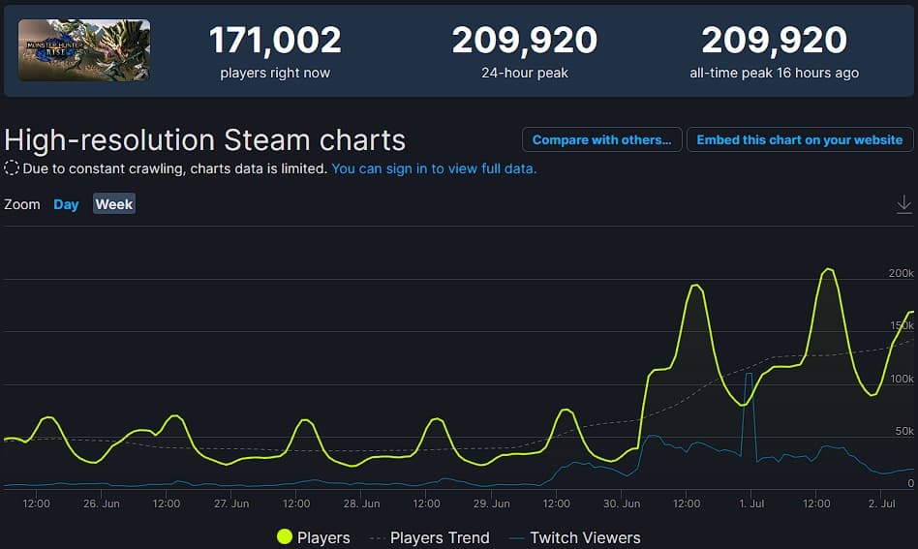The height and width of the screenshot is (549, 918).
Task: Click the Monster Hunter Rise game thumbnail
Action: tap(84, 49)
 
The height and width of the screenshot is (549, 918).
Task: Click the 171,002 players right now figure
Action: tap(275, 41)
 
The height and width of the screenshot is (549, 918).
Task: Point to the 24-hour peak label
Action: tap(524, 73)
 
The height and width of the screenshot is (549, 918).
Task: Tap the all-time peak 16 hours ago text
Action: tap(774, 73)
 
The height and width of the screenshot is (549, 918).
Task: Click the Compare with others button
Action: tap(601, 139)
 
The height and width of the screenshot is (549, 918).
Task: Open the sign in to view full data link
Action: tap(434, 168)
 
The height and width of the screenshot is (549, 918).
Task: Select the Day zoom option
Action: tap(66, 204)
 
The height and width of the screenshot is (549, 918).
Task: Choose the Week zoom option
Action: tap(114, 204)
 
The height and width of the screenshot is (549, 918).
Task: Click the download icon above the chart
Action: tap(903, 203)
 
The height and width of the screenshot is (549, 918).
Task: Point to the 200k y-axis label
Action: tap(901, 273)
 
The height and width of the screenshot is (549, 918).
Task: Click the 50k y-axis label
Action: tap(904, 431)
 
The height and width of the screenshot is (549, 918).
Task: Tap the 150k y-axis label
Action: tap(901, 325)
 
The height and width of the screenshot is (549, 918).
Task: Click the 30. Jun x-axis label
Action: tap(623, 503)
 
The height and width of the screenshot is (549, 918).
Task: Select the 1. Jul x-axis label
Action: tap(751, 503)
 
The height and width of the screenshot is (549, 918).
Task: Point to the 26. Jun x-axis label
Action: tap(102, 503)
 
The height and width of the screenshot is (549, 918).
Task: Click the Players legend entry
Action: tap(314, 537)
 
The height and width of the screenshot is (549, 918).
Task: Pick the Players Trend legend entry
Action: tap(429, 537)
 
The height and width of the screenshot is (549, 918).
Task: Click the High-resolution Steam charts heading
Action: tap(205, 139)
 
